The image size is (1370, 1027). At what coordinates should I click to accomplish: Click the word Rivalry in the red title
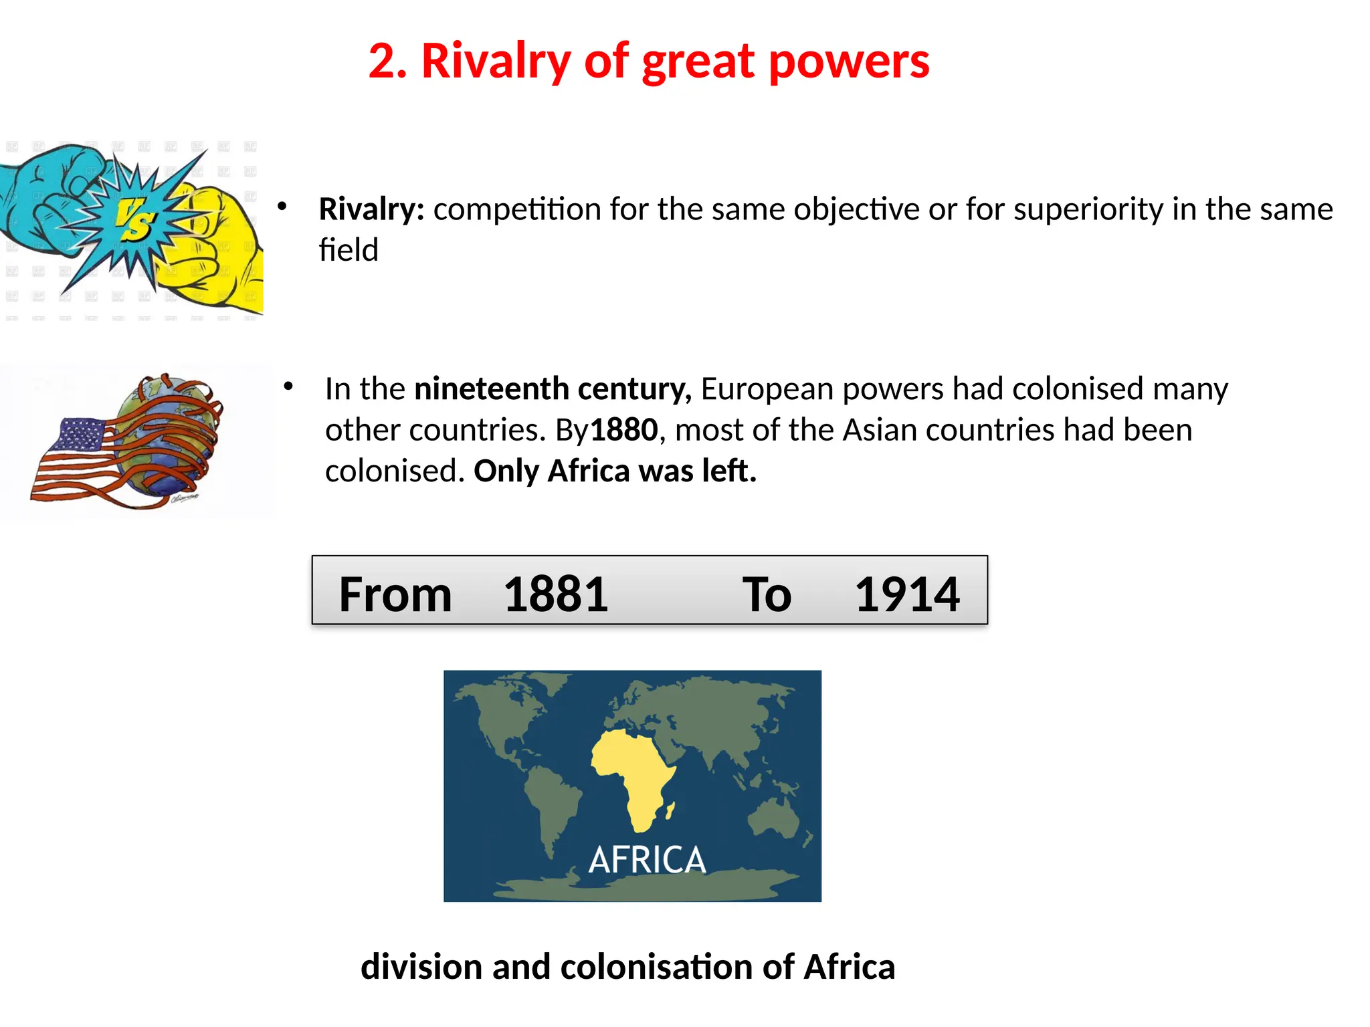point(496,62)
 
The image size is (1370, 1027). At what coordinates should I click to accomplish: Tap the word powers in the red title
point(849,62)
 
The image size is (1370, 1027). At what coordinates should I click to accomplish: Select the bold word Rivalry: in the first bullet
point(371,209)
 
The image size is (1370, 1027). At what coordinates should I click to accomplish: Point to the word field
point(349,250)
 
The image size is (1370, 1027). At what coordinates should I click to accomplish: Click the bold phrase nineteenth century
point(553,389)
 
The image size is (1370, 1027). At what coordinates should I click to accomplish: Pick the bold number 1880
point(624,430)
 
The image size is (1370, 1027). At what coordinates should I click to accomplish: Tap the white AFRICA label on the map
point(647,860)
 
